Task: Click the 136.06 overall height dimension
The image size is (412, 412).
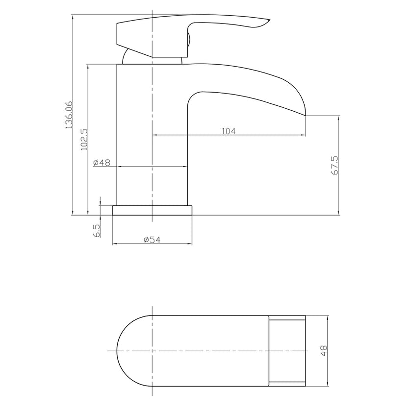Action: (69, 115)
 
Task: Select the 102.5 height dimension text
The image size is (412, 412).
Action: (84, 139)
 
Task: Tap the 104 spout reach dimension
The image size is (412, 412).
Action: (229, 131)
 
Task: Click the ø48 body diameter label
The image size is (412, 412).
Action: (101, 162)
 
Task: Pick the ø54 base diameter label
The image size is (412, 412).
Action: (152, 239)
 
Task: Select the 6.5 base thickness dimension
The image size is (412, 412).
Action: (97, 230)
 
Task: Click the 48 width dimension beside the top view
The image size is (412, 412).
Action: (323, 351)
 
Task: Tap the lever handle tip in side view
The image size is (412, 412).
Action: (267, 21)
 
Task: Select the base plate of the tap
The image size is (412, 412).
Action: (152, 210)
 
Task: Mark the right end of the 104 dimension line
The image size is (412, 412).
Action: (306, 135)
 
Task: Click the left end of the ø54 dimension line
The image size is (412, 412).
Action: (113, 243)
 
